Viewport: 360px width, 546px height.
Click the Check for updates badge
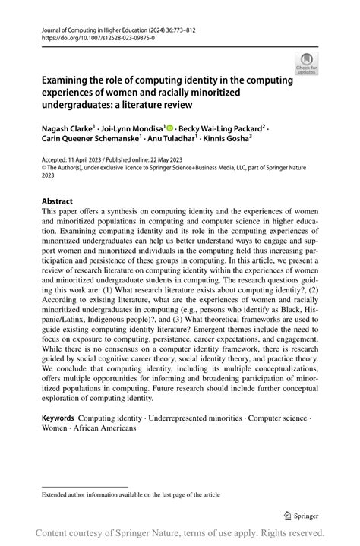click(306, 63)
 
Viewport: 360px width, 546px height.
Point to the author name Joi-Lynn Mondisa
click(133, 128)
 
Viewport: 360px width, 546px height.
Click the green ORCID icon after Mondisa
click(169, 128)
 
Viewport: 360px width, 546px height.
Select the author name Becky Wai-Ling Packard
click(221, 128)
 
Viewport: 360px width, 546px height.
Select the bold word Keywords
click(58, 418)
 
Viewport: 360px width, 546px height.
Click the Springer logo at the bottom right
click(302, 515)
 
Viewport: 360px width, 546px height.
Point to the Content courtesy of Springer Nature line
click(180, 533)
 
